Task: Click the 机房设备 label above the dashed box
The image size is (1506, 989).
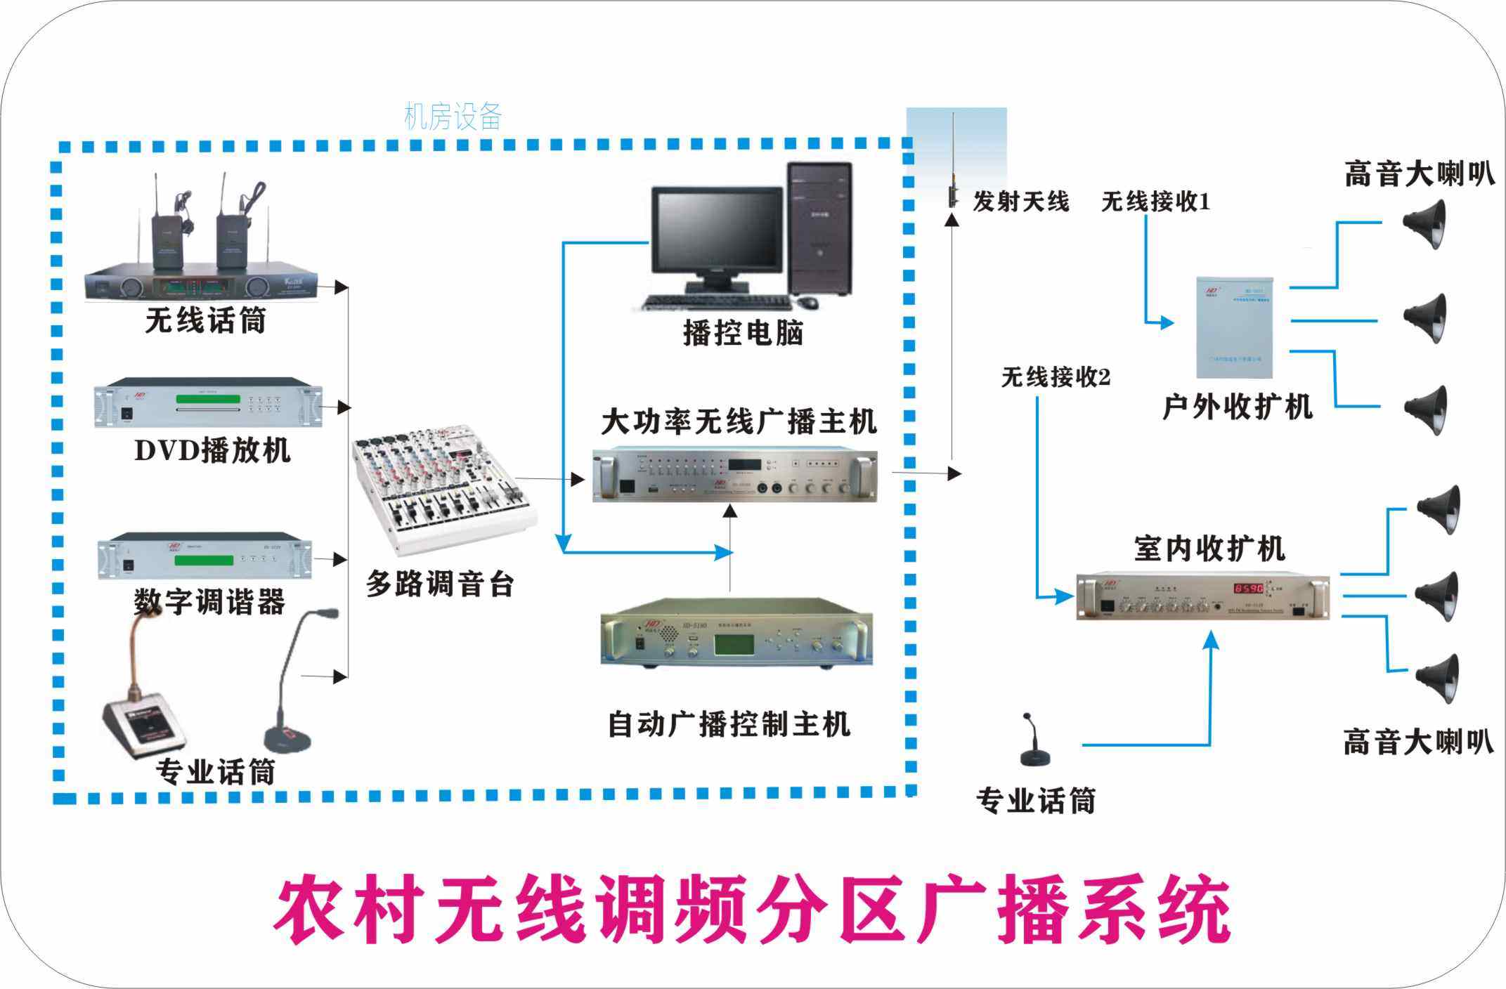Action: [453, 117]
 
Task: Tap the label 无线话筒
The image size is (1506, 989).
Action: [205, 320]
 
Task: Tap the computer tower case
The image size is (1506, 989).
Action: [819, 228]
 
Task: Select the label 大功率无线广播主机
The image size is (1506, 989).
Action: [739, 422]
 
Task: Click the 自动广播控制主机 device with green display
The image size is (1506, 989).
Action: [736, 632]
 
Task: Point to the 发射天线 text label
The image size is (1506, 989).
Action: [1020, 202]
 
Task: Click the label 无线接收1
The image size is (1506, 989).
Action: [1155, 202]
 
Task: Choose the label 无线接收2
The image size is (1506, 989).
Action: [1056, 378]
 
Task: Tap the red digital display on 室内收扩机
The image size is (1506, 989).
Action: [1248, 588]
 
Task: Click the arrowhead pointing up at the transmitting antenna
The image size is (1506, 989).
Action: [952, 221]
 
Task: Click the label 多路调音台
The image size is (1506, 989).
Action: [440, 584]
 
